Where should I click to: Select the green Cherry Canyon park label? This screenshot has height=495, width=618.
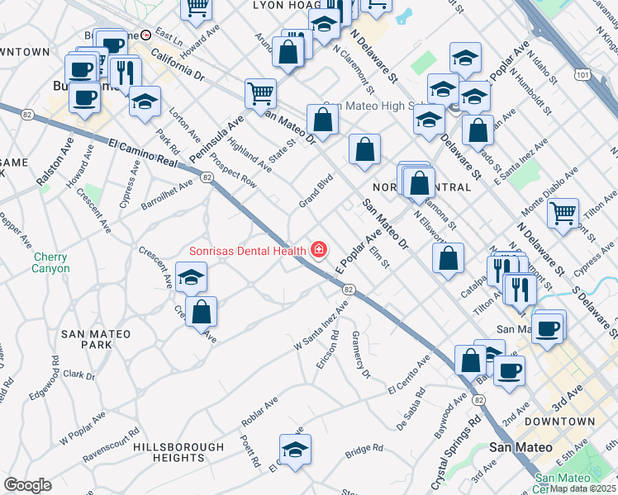pos(51,262)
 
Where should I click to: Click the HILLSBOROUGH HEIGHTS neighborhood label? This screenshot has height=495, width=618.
pos(169,451)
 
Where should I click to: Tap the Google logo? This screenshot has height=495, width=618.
pos(27,485)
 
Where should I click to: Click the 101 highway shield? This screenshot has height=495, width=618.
pos(583,76)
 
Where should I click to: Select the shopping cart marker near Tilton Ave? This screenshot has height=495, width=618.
pos(563,213)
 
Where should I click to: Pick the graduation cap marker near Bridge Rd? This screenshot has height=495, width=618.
pos(293,450)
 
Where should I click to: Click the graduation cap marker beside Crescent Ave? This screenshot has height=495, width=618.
pos(191,277)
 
